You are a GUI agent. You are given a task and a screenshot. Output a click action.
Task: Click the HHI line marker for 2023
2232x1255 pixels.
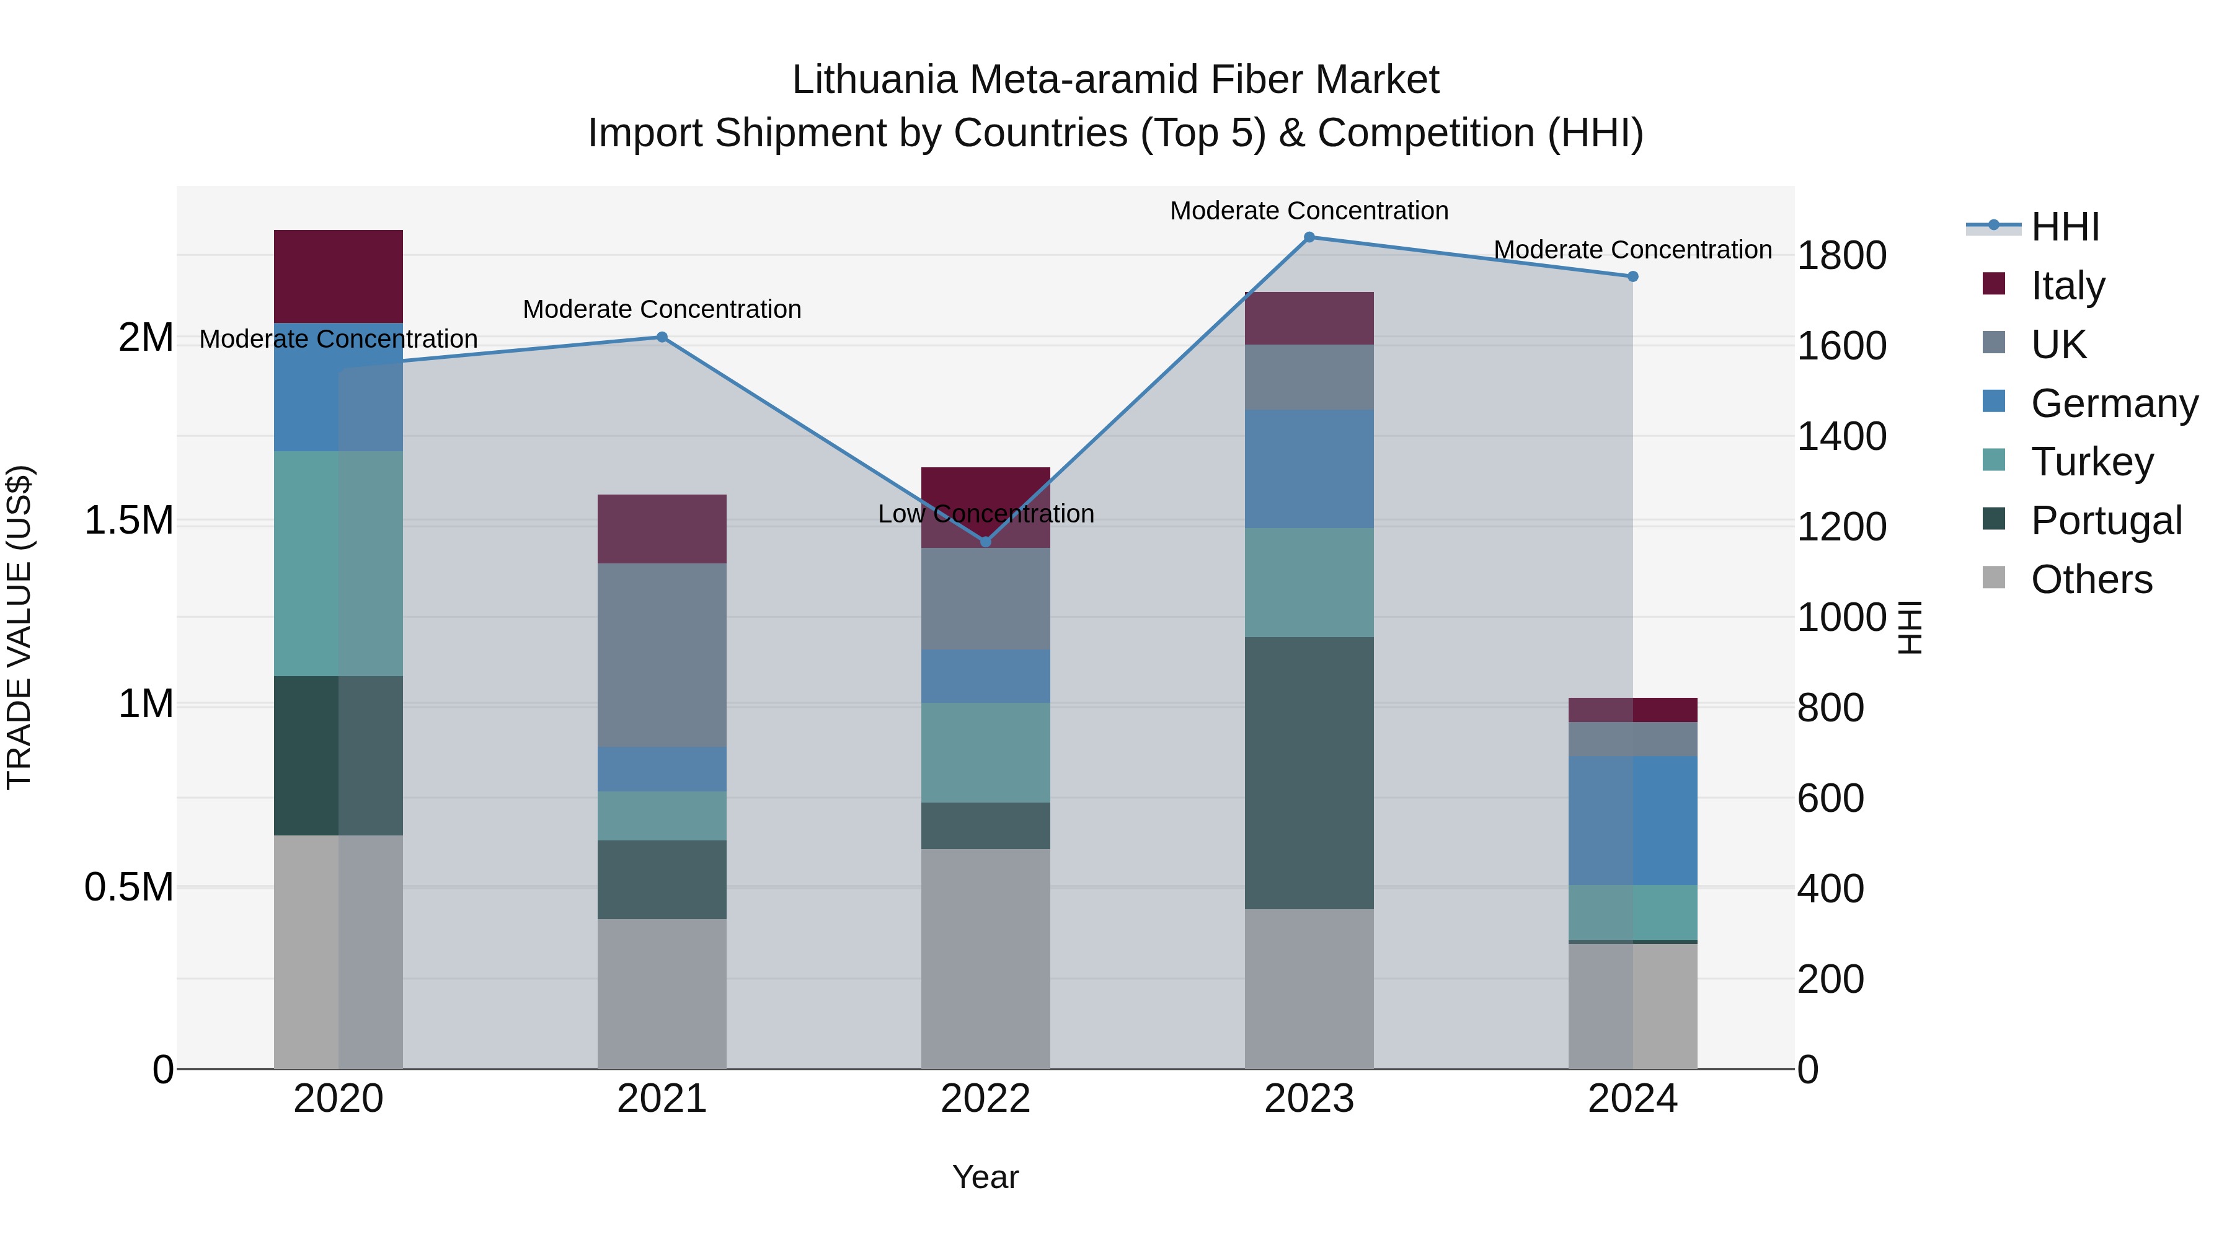click(1309, 237)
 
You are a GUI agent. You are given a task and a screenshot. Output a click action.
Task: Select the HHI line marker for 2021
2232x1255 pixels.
click(662, 337)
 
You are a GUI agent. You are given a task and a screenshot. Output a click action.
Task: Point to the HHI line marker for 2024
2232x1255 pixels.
click(1632, 276)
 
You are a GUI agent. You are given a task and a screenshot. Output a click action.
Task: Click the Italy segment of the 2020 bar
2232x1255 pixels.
click(338, 276)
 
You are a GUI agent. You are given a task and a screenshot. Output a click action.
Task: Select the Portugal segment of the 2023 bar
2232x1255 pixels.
click(1309, 773)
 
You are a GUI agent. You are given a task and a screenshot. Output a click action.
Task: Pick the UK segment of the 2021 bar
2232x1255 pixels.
click(662, 655)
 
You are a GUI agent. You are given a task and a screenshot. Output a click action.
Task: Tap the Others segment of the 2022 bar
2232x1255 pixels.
click(985, 958)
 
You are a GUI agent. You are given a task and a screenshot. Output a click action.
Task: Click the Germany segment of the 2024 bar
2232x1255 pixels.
click(1632, 820)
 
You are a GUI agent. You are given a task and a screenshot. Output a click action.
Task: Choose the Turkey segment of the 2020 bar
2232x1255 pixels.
click(338, 563)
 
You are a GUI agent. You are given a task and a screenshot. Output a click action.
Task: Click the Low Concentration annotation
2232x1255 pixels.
click(985, 514)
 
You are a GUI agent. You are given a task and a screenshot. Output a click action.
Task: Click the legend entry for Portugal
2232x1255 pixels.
click(2106, 521)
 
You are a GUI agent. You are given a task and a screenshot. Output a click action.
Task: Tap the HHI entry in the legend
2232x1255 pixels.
click(2064, 227)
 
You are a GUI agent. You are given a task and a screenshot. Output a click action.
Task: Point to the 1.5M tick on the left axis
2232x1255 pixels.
click(128, 521)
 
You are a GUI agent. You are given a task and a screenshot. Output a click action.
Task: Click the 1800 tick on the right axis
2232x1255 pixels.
click(1841, 255)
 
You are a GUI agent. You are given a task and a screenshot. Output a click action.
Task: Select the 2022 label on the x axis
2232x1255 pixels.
click(985, 1099)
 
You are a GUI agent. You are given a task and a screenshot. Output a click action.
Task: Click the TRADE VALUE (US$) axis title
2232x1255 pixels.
click(19, 627)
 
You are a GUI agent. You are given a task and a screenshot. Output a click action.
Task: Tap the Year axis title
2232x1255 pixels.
click(985, 1177)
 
